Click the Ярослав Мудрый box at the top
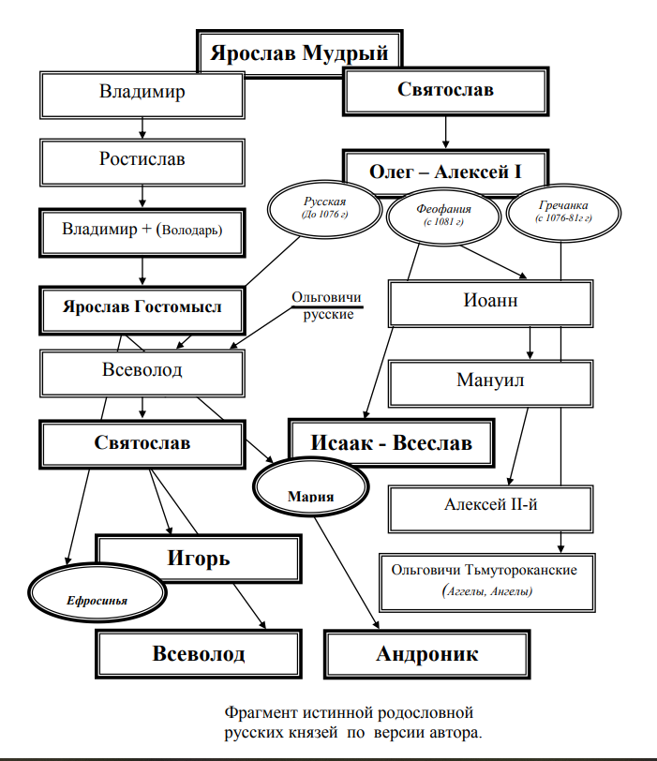click(298, 52)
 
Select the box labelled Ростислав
click(142, 160)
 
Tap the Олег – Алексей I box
click(444, 173)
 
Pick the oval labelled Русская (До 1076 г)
click(324, 208)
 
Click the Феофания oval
click(443, 215)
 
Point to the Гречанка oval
click(564, 211)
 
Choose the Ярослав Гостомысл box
click(142, 307)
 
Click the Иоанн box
click(489, 303)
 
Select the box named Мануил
click(489, 382)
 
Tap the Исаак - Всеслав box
click(392, 442)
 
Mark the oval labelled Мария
click(310, 491)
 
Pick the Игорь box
click(199, 560)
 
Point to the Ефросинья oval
click(97, 594)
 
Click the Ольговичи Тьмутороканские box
click(485, 580)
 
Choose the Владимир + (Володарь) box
click(142, 230)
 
